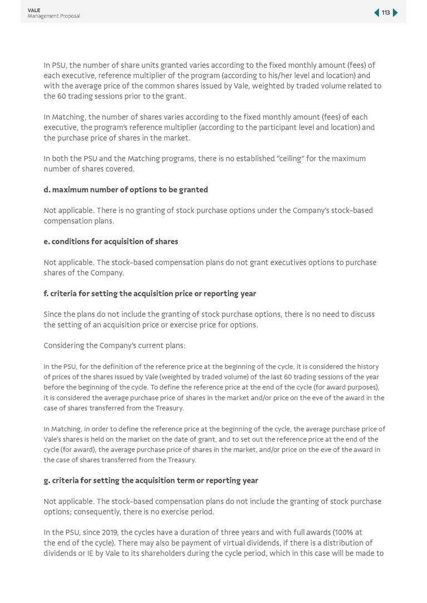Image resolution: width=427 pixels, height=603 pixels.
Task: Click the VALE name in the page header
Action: [x=34, y=10]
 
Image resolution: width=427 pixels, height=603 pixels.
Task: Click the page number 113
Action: [x=386, y=13]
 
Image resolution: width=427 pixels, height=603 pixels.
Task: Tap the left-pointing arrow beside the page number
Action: [x=377, y=13]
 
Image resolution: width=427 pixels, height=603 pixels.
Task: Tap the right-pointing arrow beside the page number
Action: [x=395, y=13]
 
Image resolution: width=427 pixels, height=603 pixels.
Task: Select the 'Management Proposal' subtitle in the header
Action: [x=54, y=16]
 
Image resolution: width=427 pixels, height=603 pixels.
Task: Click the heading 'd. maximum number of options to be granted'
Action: [x=125, y=190]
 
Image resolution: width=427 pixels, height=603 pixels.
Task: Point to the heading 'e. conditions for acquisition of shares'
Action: [x=110, y=242]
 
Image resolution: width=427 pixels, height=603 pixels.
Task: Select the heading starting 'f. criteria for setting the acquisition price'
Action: [x=149, y=293]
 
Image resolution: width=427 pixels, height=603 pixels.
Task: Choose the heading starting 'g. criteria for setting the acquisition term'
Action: [x=151, y=481]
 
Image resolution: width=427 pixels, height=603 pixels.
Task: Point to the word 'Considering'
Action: [x=64, y=346]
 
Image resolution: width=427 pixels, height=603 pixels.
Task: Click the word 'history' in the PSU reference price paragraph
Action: [x=367, y=367]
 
